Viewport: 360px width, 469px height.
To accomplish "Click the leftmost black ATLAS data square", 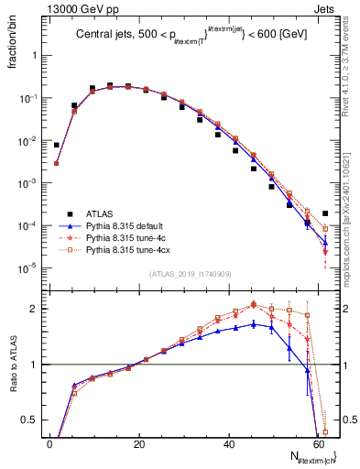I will [x=57, y=145].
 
